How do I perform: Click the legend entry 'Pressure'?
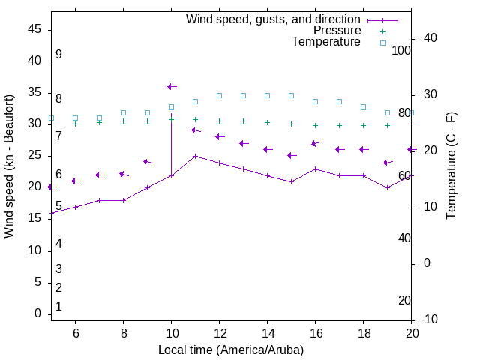pyautogui.click(x=337, y=31)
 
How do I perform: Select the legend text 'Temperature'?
pyautogui.click(x=326, y=43)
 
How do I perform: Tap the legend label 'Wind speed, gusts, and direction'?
pyautogui.click(x=274, y=19)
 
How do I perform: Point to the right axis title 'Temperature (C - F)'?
pyautogui.click(x=451, y=166)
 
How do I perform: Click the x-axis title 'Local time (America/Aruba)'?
pyautogui.click(x=231, y=350)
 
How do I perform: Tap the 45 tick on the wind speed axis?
pyautogui.click(x=34, y=28)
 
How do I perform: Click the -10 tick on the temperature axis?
pyautogui.click(x=430, y=319)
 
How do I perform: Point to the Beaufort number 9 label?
pyautogui.click(x=58, y=55)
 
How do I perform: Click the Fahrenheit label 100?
pyautogui.click(x=401, y=50)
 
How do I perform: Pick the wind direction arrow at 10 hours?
pyautogui.click(x=172, y=87)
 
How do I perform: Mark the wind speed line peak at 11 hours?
pyautogui.click(x=195, y=157)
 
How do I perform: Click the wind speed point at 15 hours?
pyautogui.click(x=291, y=181)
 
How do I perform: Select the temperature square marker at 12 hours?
pyautogui.click(x=219, y=95)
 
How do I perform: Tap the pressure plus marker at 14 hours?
pyautogui.click(x=267, y=122)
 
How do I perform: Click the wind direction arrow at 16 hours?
pyautogui.click(x=316, y=143)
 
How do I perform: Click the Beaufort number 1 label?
pyautogui.click(x=58, y=307)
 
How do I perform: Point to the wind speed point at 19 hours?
pyautogui.click(x=387, y=188)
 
